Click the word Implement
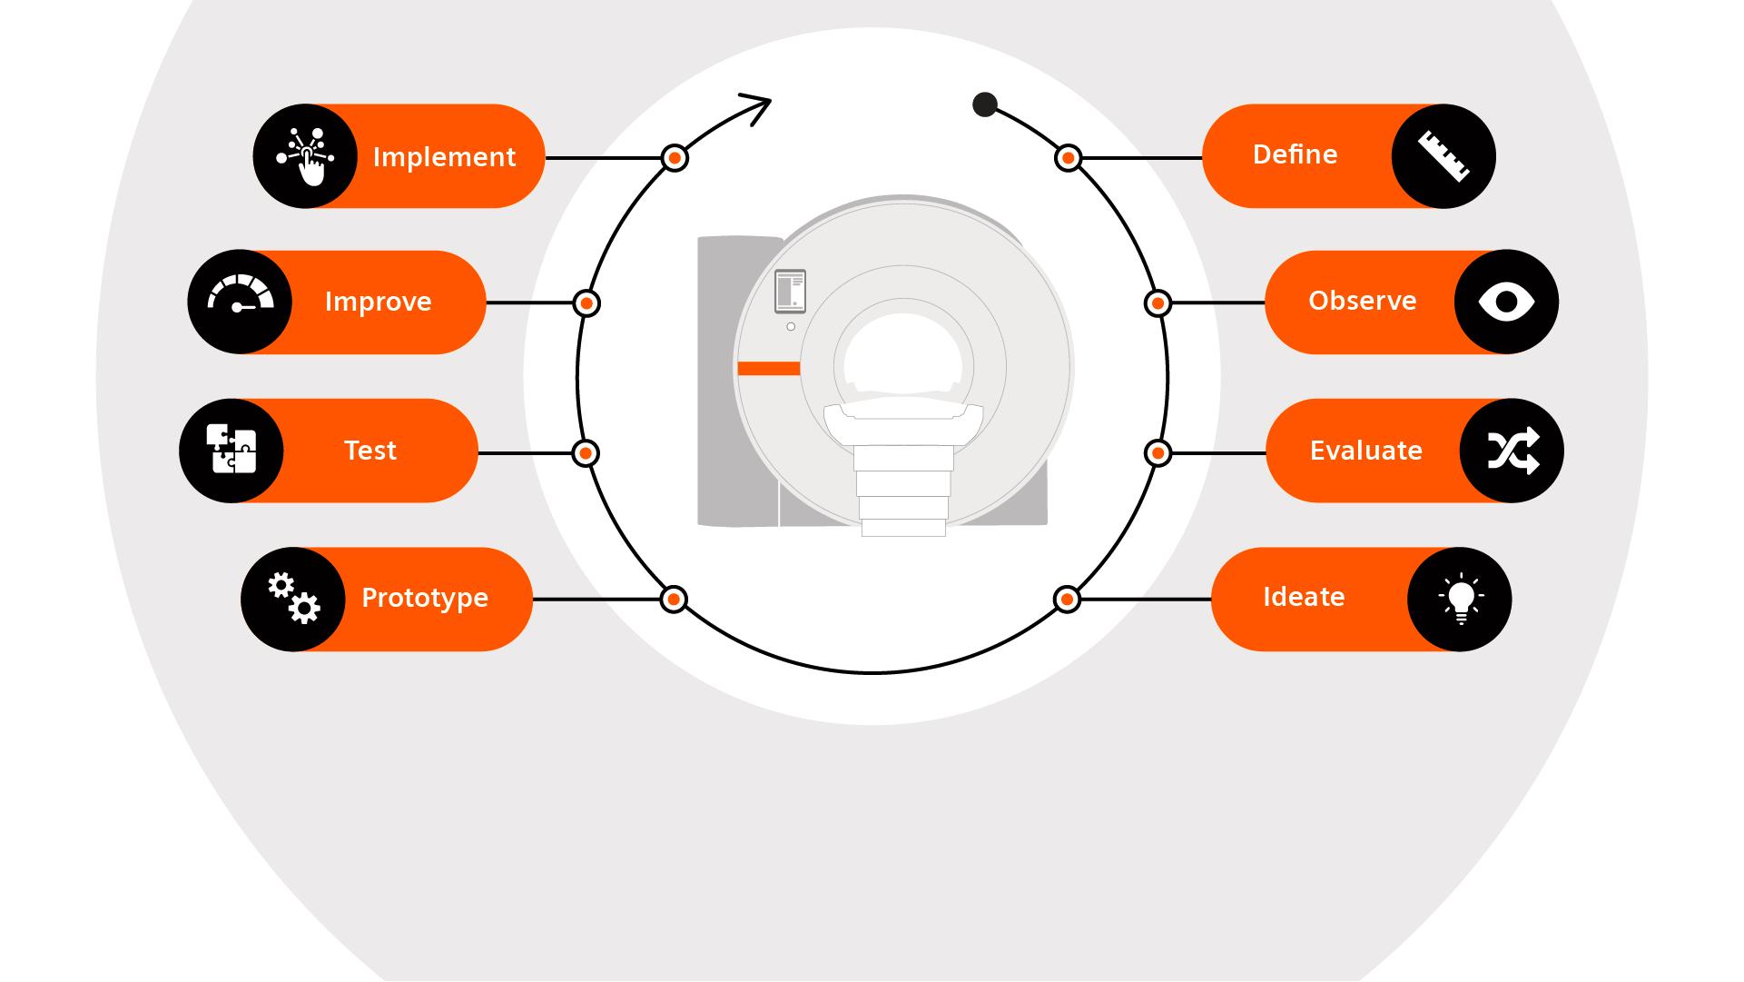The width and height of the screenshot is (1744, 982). point(444,157)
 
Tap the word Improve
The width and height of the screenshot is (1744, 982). point(378,302)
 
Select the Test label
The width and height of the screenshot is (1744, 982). point(370,451)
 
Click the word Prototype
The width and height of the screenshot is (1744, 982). point(425,598)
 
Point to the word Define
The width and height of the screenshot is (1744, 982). point(1295,154)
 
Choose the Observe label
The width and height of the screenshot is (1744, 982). point(1362,301)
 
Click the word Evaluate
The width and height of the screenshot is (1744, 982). point(1365,451)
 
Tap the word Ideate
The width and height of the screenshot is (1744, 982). point(1304,597)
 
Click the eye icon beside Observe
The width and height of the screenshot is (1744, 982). point(1506,302)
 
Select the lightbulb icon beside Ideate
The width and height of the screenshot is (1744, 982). point(1460,600)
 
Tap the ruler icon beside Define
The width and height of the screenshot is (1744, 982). point(1443,156)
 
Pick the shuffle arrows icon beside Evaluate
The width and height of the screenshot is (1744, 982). point(1512,451)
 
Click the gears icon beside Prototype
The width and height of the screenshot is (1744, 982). point(293,599)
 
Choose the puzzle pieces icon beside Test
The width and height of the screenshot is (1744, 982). point(232,450)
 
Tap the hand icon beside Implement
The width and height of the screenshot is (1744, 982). point(306,156)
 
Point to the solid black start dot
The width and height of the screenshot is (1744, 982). point(985,105)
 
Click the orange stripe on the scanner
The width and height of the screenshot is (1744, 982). point(768,368)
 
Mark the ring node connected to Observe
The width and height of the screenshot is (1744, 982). point(1158,303)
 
